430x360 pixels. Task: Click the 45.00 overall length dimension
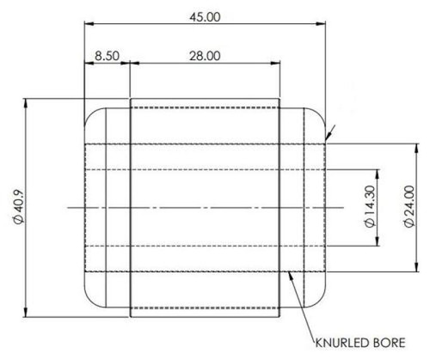(206, 17)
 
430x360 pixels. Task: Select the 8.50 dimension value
(106, 56)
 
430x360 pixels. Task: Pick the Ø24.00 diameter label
(409, 207)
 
